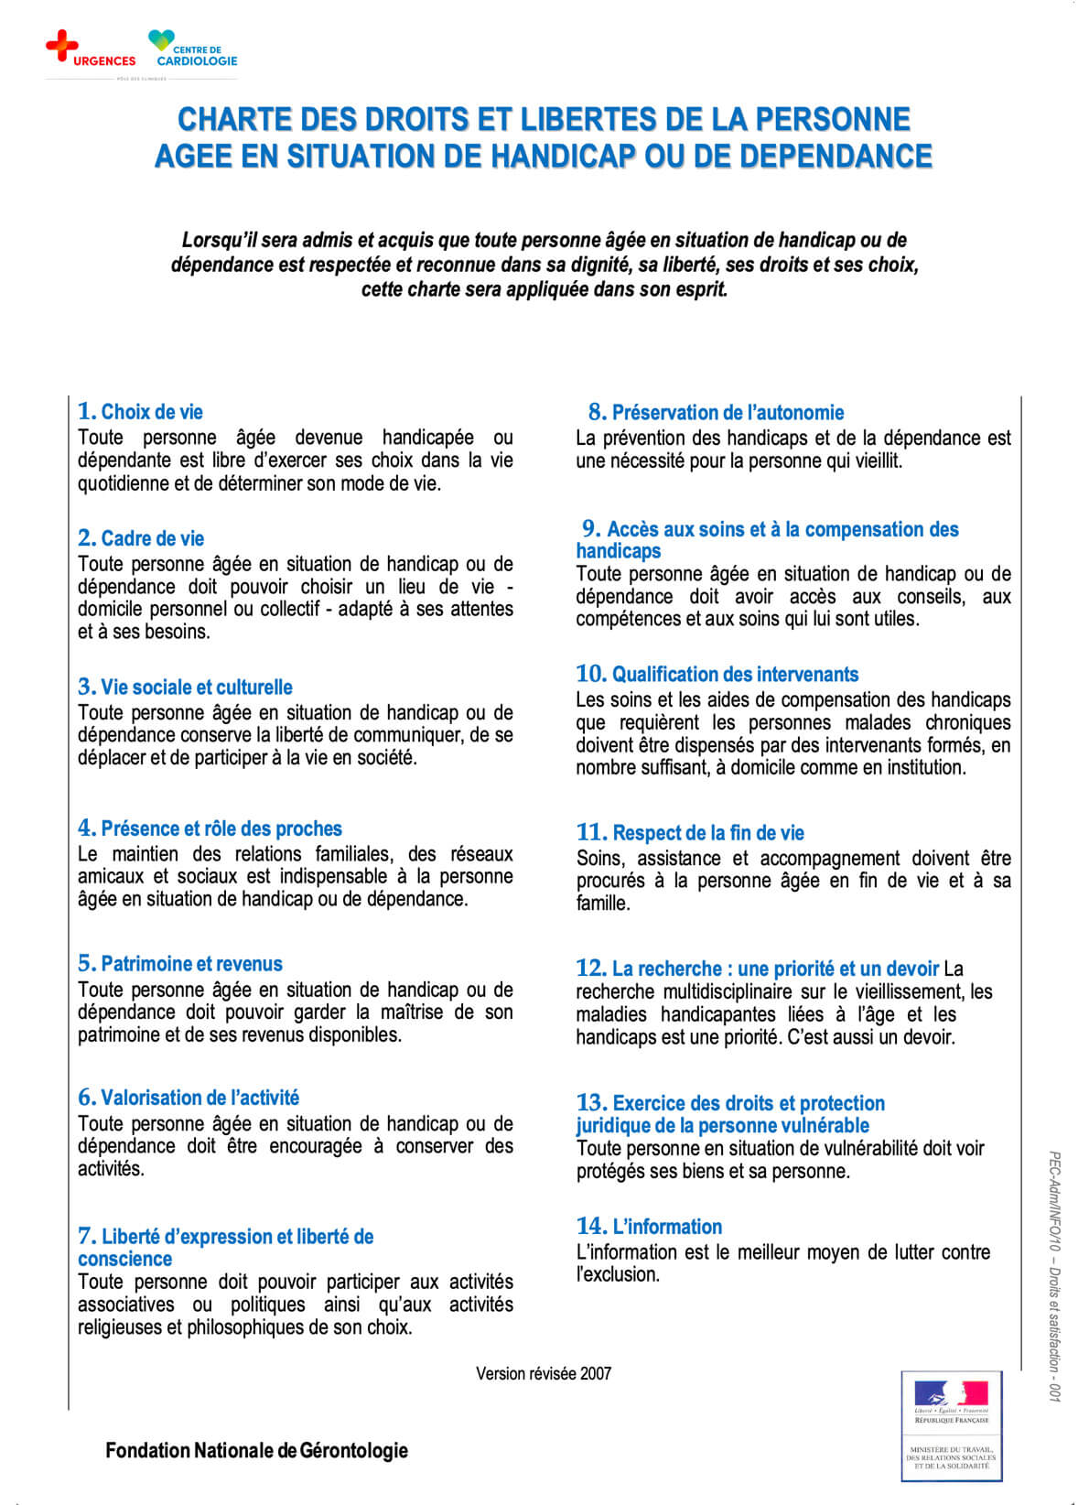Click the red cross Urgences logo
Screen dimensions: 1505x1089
[61, 45]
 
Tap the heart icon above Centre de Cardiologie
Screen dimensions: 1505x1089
[161, 40]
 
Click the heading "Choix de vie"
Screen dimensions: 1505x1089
[151, 412]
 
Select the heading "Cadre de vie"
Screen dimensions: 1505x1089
[152, 538]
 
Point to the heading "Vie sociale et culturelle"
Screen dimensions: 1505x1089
[196, 688]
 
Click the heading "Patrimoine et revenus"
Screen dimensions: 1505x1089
[191, 964]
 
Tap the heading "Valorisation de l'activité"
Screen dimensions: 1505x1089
[199, 1098]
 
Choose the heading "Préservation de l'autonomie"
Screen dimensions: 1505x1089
[728, 413]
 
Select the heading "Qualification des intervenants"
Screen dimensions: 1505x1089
[735, 675]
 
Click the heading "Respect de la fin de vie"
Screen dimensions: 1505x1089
[708, 833]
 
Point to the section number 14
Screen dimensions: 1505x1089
[591, 1227]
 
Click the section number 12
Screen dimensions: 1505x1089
[591, 969]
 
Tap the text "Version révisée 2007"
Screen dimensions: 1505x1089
[544, 1373]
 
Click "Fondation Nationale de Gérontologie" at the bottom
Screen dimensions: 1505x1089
[257, 1450]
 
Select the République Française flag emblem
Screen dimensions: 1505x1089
[951, 1394]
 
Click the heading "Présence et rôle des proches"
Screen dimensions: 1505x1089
[221, 829]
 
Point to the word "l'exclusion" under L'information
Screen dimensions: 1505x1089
[618, 1274]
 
